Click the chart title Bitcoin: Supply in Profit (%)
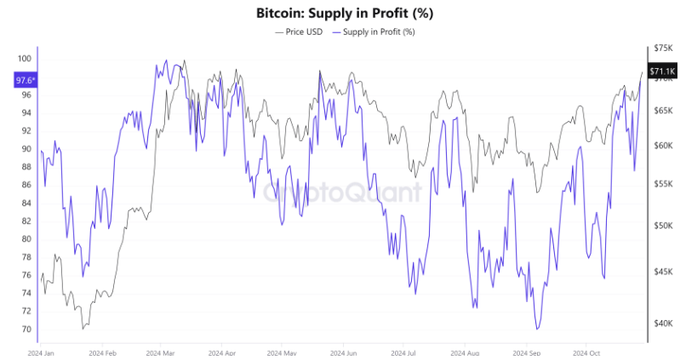click(x=342, y=14)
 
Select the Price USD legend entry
click(x=299, y=31)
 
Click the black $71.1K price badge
click(x=663, y=71)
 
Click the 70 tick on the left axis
click(x=26, y=329)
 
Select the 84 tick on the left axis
click(x=26, y=203)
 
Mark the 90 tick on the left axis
click(x=26, y=149)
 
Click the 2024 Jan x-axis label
click(x=41, y=351)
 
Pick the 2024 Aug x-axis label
click(x=466, y=351)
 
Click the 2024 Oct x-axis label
click(x=588, y=351)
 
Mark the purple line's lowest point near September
click(x=537, y=329)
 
